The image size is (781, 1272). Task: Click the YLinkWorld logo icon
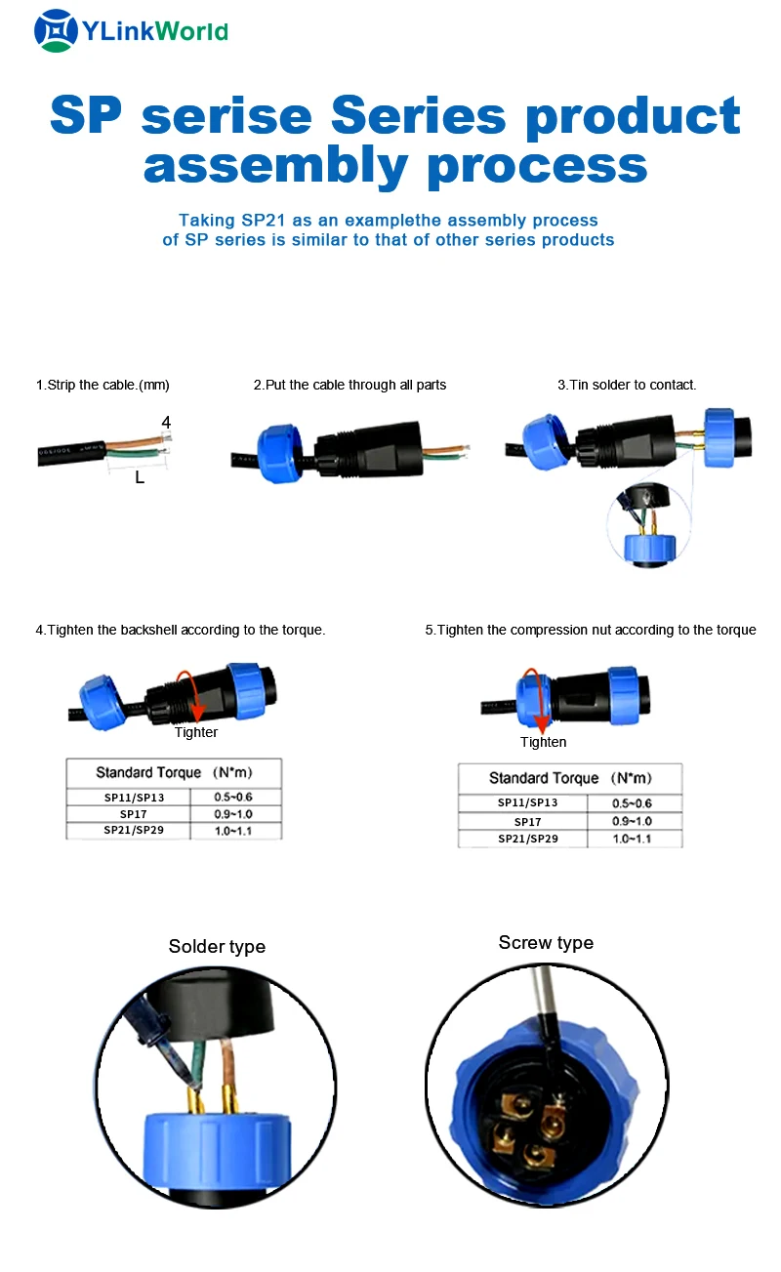click(x=55, y=30)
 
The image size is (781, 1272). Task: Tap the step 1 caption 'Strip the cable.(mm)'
click(x=103, y=385)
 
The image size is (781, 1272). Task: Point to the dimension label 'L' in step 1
click(x=140, y=478)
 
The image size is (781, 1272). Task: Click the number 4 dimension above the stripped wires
click(x=166, y=423)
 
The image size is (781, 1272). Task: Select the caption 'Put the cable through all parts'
click(x=349, y=385)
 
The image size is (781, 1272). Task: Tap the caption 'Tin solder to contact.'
click(x=627, y=385)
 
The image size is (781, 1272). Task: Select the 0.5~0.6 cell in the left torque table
click(x=232, y=798)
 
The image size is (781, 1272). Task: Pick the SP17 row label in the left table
click(x=133, y=814)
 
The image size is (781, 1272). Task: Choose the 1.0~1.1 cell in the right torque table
click(x=632, y=839)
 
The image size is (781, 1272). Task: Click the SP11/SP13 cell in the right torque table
click(x=527, y=802)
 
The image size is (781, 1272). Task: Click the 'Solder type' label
click(x=217, y=946)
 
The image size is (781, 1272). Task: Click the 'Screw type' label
click(x=546, y=942)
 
